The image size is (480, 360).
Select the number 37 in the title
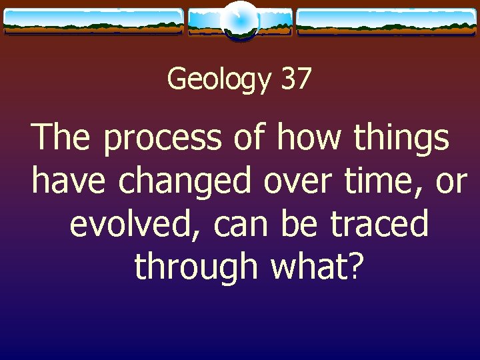click(x=296, y=78)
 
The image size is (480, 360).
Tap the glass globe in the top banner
click(x=239, y=21)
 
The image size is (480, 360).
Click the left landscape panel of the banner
click(x=93, y=21)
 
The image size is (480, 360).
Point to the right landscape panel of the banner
click(x=386, y=21)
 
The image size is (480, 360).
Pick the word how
click(x=309, y=137)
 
